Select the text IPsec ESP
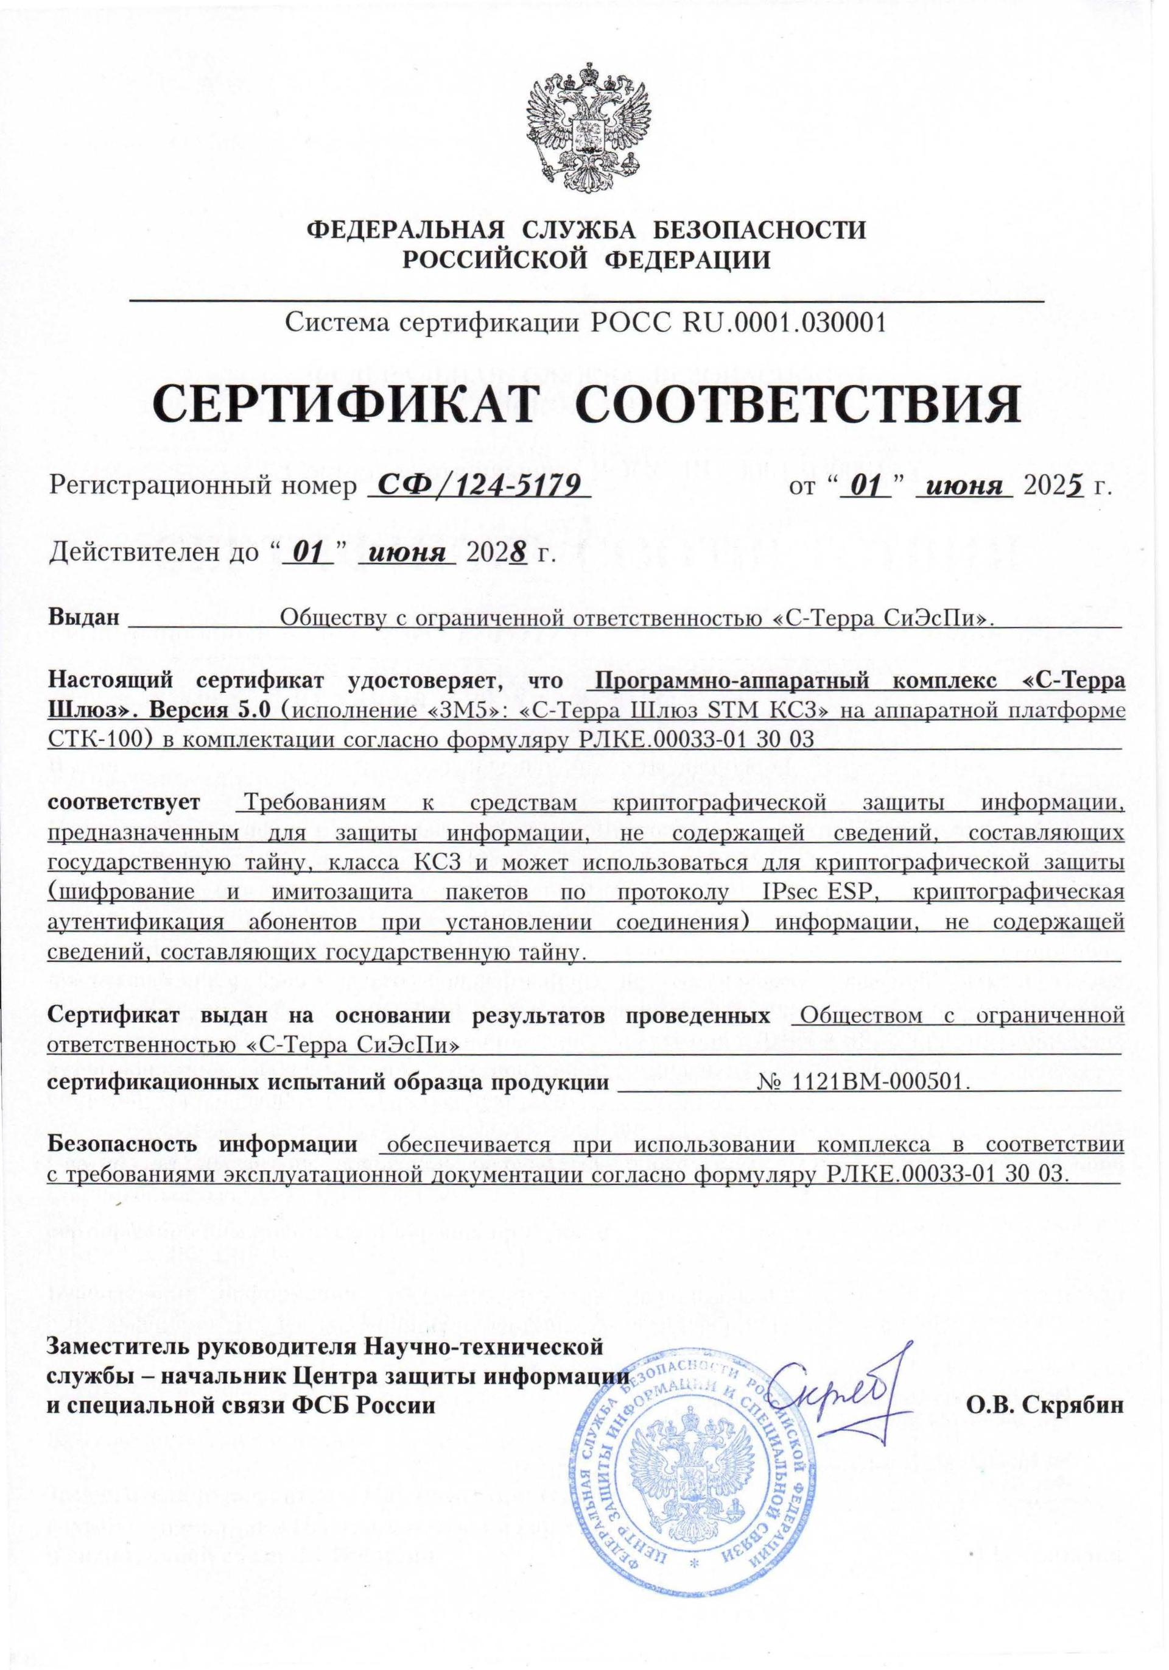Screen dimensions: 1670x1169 [x=820, y=893]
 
